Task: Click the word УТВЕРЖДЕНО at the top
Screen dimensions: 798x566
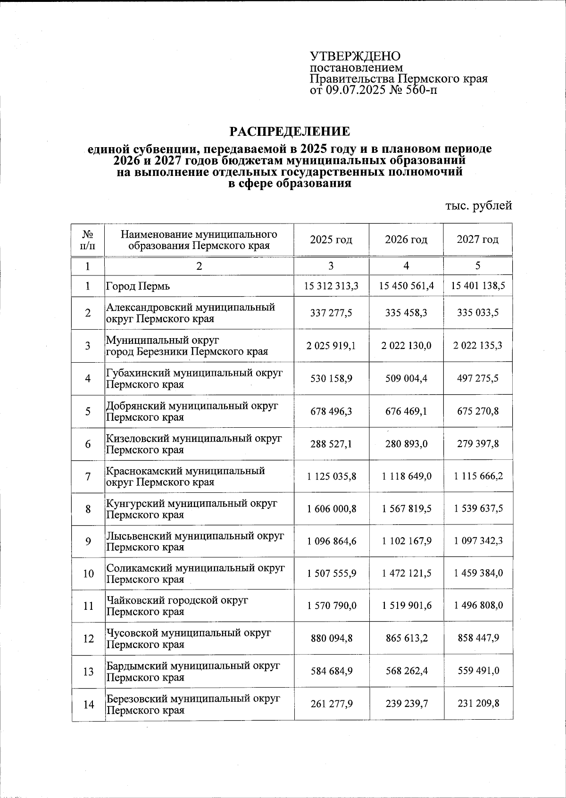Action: (x=355, y=56)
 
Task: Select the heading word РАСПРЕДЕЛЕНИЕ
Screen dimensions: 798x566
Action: (x=290, y=131)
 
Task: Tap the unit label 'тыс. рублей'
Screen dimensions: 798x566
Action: (x=478, y=205)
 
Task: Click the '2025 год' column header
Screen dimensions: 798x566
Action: (x=331, y=240)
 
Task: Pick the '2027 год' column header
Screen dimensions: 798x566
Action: (x=477, y=240)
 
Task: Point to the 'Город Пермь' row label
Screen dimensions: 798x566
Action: (x=138, y=286)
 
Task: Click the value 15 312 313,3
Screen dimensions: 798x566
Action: (x=331, y=286)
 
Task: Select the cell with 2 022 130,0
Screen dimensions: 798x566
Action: (x=406, y=346)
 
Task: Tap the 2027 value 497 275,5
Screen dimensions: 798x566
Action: (x=478, y=378)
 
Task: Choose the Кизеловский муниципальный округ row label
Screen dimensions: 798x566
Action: (x=193, y=444)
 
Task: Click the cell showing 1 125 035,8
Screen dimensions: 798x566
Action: (x=331, y=476)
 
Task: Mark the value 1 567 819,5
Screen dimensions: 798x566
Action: (x=406, y=509)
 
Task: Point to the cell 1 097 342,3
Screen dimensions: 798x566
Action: (x=478, y=541)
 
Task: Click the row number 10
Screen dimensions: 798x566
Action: (x=88, y=574)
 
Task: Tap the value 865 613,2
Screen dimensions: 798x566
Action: (x=406, y=638)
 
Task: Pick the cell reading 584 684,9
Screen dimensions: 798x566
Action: (x=331, y=671)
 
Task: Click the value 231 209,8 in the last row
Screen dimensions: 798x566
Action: (x=478, y=704)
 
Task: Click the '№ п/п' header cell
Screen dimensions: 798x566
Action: (x=87, y=240)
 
